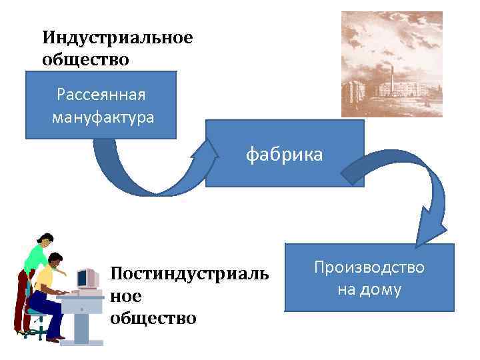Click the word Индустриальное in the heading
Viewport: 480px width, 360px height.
(117, 38)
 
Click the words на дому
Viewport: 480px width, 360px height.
(370, 289)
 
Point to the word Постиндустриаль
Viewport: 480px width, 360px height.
(189, 274)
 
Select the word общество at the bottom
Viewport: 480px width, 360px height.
(153, 317)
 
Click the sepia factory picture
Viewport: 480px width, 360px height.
(391, 64)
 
